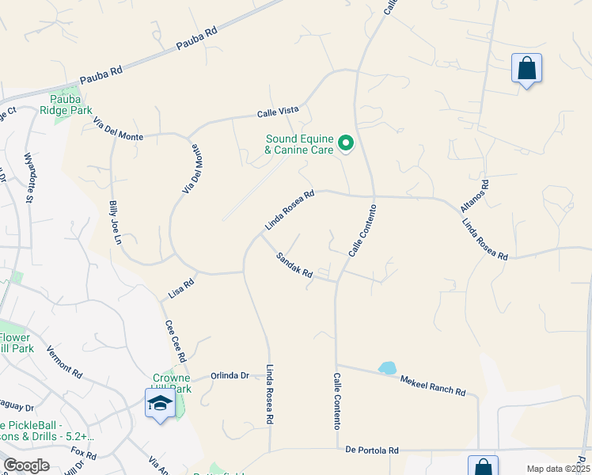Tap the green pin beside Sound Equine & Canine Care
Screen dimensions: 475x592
(346, 143)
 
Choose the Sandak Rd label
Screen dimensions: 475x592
(294, 265)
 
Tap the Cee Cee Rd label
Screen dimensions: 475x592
(175, 340)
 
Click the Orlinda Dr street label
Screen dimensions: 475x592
(230, 375)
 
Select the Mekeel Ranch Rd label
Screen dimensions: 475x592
(433, 386)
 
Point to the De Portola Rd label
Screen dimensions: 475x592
(372, 450)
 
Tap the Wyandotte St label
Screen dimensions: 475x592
(28, 178)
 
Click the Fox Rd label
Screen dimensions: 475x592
(83, 454)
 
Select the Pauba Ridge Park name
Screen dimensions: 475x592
(71, 104)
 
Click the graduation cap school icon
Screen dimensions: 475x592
(160, 404)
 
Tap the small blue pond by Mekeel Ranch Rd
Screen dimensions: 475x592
(387, 368)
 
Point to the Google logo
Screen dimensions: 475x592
(26, 465)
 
